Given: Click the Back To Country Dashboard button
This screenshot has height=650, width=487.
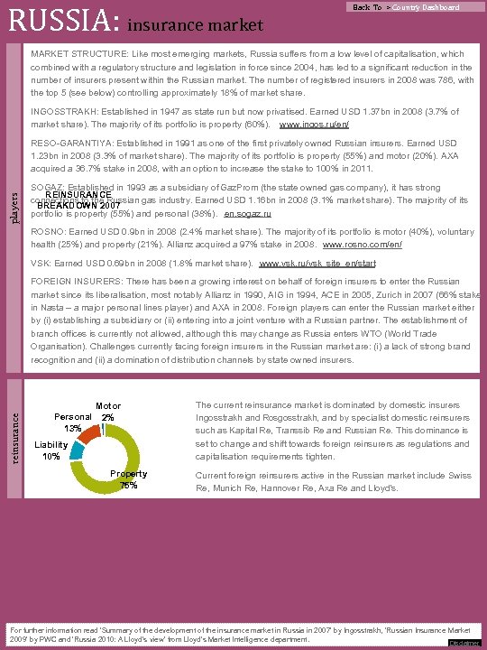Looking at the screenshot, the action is (406, 7).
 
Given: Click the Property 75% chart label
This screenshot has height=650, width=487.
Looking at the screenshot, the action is (129, 480).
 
